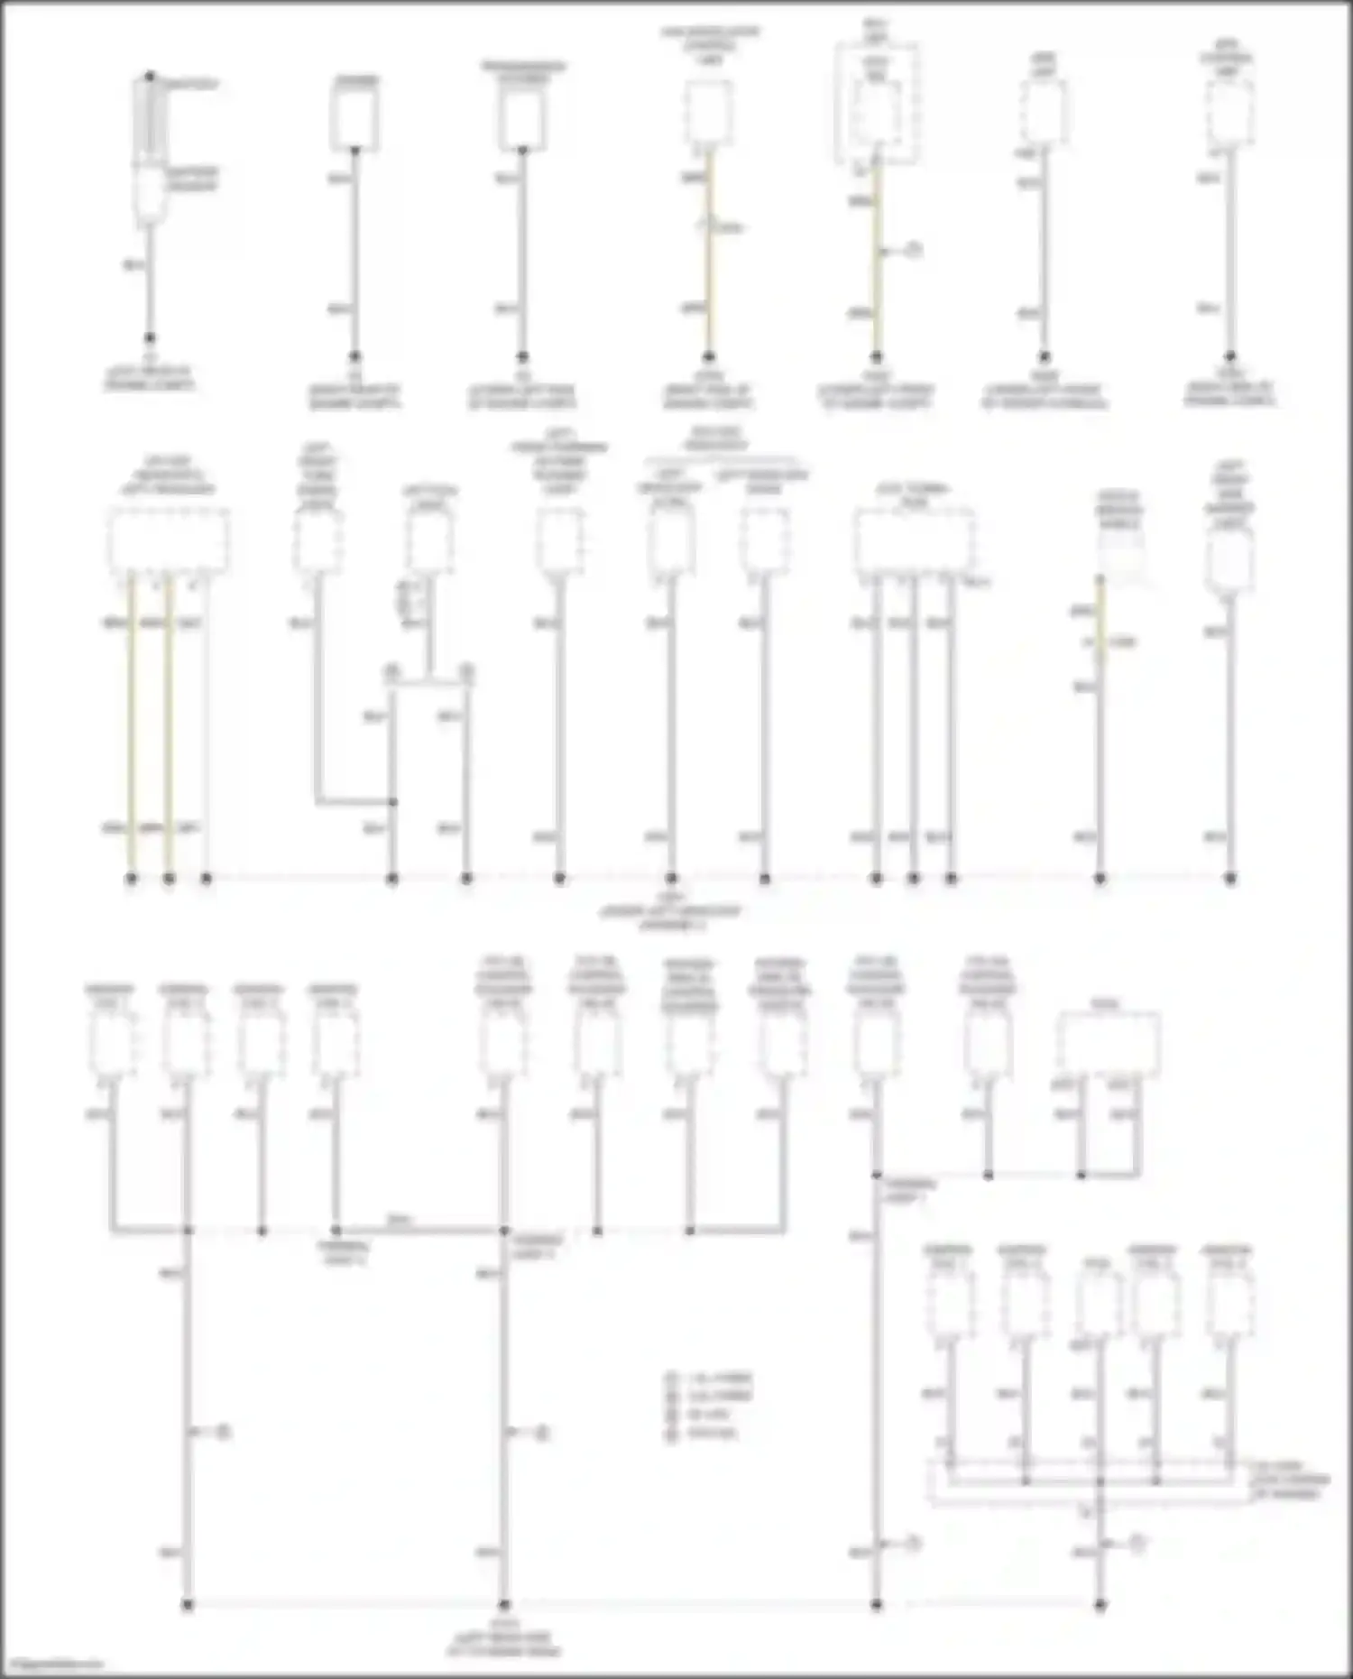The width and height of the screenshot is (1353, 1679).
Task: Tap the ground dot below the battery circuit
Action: tap(150, 338)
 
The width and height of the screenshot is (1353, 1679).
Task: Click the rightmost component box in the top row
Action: tap(1229, 113)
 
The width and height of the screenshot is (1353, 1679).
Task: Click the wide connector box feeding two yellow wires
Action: tap(168, 540)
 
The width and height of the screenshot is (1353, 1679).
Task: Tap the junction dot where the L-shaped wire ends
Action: tap(392, 802)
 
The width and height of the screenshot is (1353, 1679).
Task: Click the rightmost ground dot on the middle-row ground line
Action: tap(1229, 878)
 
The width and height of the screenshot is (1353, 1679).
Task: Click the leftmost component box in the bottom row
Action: tap(112, 1044)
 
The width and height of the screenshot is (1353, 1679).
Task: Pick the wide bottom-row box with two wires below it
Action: tap(1108, 1044)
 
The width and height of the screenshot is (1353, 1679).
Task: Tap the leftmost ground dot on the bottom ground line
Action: tap(188, 1605)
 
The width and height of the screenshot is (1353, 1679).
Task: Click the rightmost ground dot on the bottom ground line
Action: tap(1100, 1605)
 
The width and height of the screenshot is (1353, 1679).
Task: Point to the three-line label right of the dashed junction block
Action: tap(1291, 1481)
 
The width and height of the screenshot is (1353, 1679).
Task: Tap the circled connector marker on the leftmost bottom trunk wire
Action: tap(222, 1432)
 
